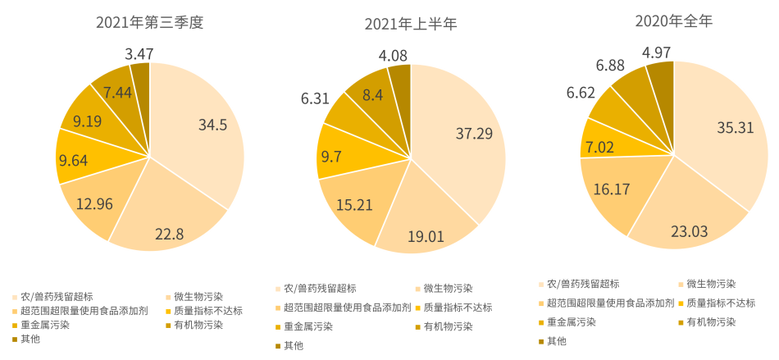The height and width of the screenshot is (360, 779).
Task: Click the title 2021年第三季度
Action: [148, 22]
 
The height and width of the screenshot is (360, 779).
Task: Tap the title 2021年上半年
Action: [411, 24]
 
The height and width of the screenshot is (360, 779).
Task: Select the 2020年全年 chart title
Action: [673, 22]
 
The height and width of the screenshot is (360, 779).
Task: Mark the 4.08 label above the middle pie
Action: [396, 56]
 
